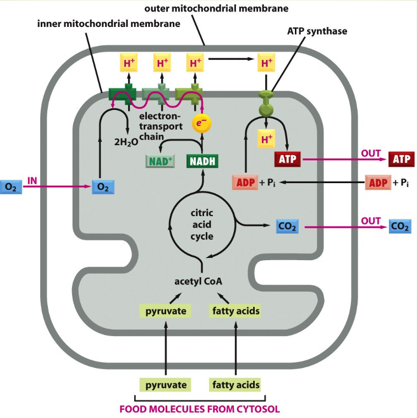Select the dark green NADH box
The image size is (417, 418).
tap(202, 161)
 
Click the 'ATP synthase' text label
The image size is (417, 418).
tap(317, 31)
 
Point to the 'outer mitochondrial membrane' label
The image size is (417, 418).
tap(216, 9)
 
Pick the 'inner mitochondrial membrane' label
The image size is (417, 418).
tap(108, 24)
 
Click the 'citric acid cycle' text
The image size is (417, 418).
tap(201, 224)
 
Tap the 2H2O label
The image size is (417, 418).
tap(125, 141)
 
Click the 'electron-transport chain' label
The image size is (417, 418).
tap(160, 126)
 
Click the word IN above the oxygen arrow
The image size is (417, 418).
tap(34, 180)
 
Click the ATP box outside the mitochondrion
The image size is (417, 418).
tap(401, 159)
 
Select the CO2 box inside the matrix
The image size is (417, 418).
tap(288, 226)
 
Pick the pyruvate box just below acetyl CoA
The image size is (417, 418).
tap(166, 311)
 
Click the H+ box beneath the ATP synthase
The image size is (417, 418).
tap(267, 140)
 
